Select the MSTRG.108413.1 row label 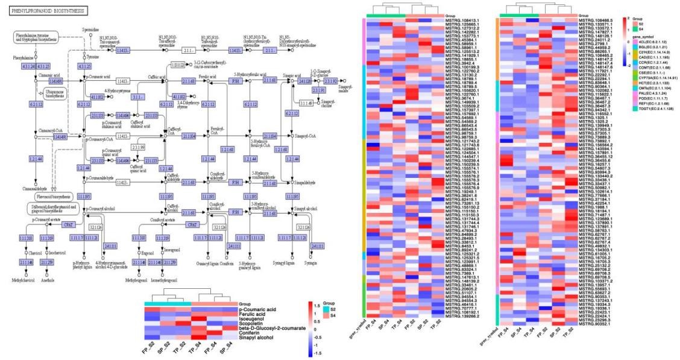pyautogui.click(x=462, y=21)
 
